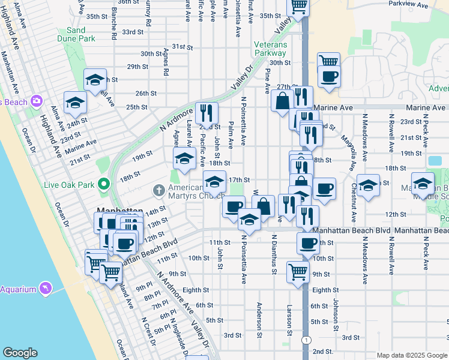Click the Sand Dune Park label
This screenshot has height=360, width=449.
pos(81,34)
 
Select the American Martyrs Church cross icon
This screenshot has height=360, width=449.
pos(159,191)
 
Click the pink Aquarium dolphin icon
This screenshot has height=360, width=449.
pos(45,289)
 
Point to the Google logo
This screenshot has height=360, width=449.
pos(20,353)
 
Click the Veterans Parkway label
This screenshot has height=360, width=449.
pos(270,49)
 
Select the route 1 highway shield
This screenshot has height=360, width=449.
pos(307,340)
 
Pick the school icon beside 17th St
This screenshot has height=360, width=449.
pos(214,180)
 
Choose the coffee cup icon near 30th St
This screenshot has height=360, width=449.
pos(328,77)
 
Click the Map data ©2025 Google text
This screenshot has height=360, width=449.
pos(411,355)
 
